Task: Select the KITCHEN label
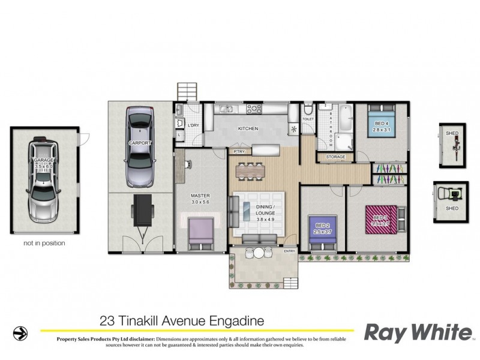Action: pyautogui.click(x=248, y=129)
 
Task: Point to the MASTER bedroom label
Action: pyautogui.click(x=199, y=196)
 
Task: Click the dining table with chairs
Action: pyautogui.click(x=250, y=170)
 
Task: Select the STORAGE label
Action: pyautogui.click(x=335, y=157)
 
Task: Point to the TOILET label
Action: pyautogui.click(x=308, y=119)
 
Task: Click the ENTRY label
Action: pyautogui.click(x=290, y=251)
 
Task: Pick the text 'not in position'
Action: pyautogui.click(x=44, y=244)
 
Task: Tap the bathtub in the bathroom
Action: pyautogui.click(x=346, y=119)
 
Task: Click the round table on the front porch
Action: pyautogui.click(x=258, y=253)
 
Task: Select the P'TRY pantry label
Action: pyautogui.click(x=239, y=152)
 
